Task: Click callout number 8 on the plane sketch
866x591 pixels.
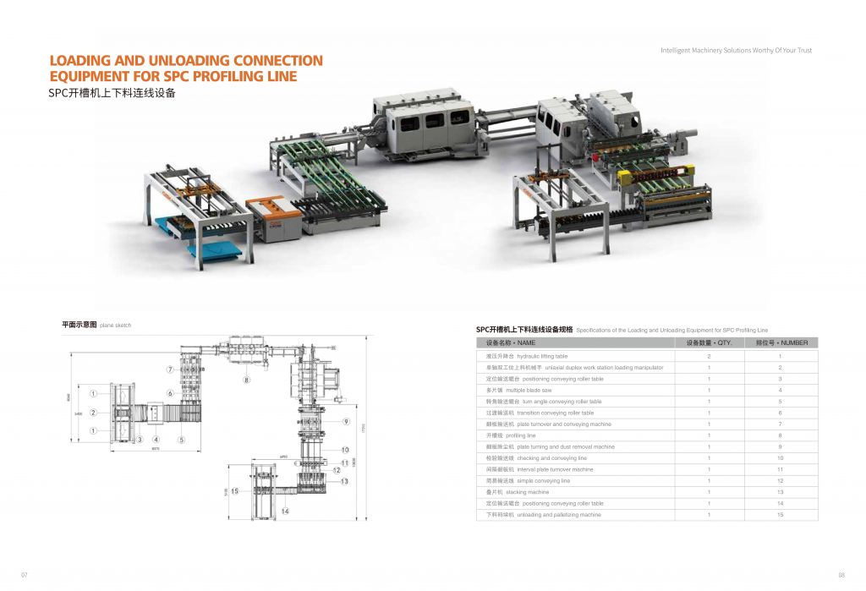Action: click(247, 380)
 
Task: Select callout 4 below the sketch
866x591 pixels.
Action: click(156, 440)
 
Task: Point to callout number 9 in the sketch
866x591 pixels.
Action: click(346, 421)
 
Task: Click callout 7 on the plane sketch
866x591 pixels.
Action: click(169, 369)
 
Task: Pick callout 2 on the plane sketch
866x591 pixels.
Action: click(92, 413)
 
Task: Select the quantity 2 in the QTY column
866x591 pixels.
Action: click(709, 357)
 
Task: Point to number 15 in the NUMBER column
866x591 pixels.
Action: click(781, 514)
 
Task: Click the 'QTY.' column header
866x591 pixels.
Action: click(709, 343)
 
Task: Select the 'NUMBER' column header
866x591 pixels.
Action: click(781, 343)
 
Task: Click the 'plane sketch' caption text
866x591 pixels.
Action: click(115, 326)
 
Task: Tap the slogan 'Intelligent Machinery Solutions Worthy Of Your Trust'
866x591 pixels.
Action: click(736, 51)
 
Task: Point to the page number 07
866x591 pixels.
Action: click(25, 575)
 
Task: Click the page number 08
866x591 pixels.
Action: click(841, 575)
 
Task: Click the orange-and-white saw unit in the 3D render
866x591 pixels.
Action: click(273, 217)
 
